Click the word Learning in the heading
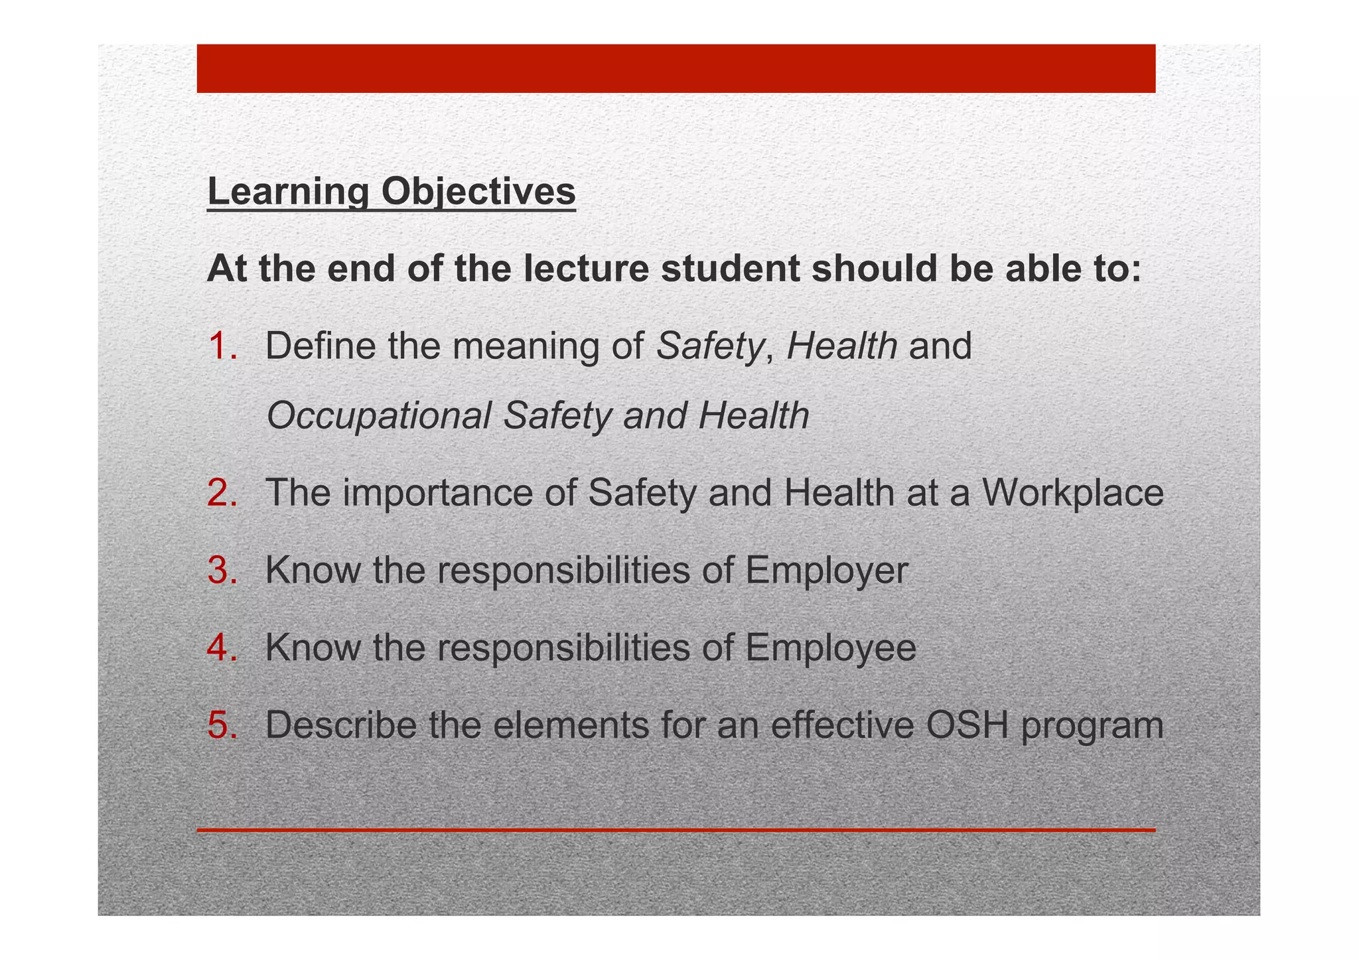[x=288, y=192]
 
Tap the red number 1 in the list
[x=221, y=346]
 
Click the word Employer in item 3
[x=826, y=571]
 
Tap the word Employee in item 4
[x=830, y=648]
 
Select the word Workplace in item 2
[x=1073, y=493]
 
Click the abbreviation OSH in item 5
[x=967, y=724]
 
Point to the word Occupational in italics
[x=378, y=416]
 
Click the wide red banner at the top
[x=676, y=68]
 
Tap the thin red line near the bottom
[x=676, y=830]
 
